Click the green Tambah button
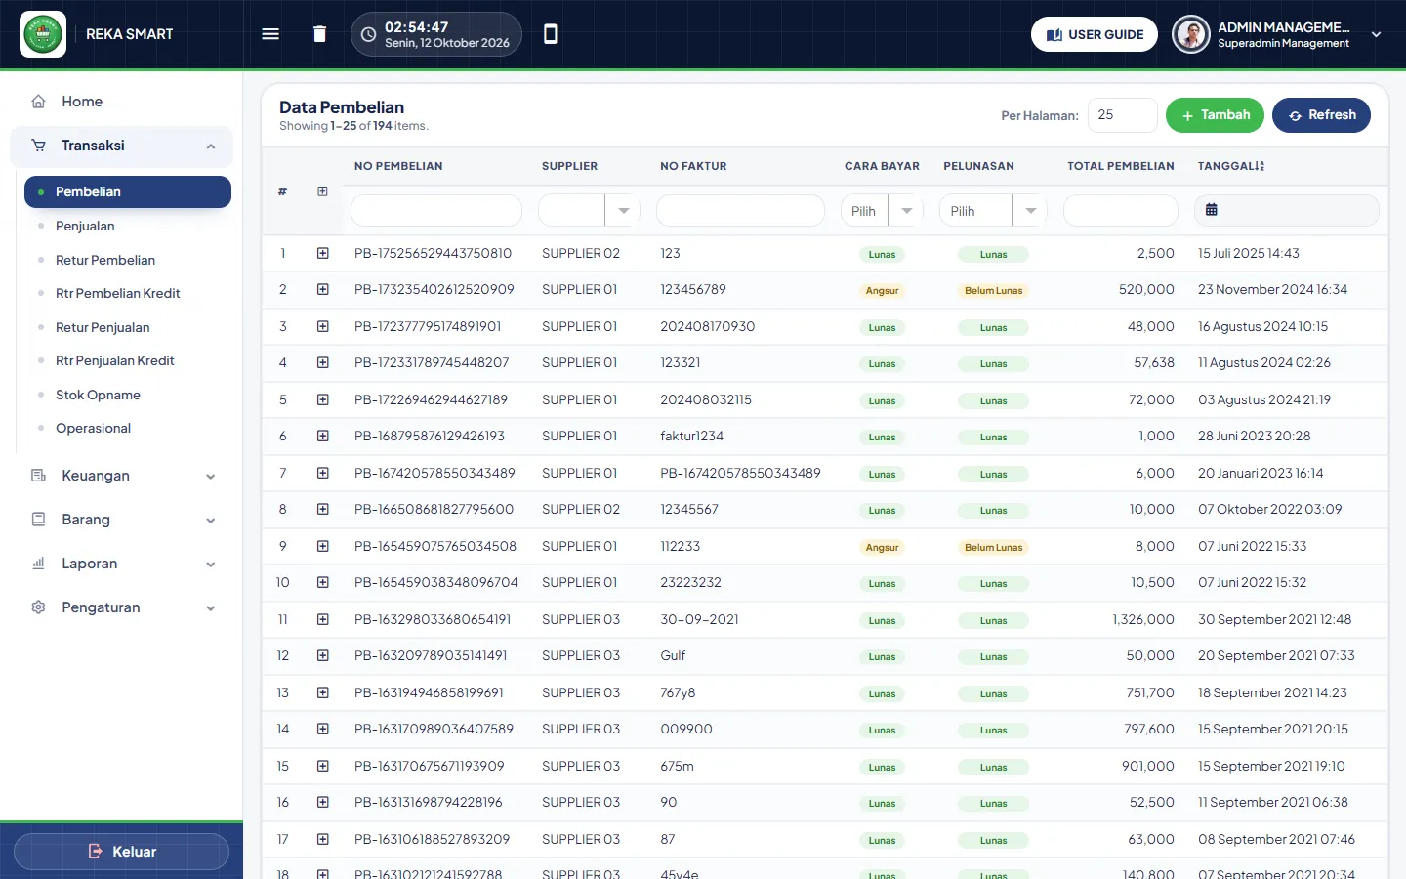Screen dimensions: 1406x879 (x=1215, y=115)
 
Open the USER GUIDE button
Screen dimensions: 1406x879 (x=1094, y=34)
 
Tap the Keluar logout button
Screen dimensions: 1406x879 (x=121, y=852)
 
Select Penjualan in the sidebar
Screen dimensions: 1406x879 (x=85, y=226)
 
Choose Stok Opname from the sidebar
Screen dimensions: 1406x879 (x=98, y=395)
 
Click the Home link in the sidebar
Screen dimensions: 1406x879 (x=82, y=102)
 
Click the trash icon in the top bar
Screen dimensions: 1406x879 (x=319, y=34)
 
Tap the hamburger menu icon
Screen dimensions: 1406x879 (x=270, y=34)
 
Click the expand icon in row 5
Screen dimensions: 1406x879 (x=322, y=399)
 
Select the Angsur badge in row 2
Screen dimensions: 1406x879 (x=882, y=291)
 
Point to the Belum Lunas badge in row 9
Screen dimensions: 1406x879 (x=993, y=548)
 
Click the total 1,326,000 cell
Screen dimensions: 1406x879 (x=1143, y=619)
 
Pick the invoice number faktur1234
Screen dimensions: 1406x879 (x=691, y=436)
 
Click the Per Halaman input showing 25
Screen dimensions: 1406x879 (x=1122, y=115)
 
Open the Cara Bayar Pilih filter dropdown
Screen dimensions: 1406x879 (x=882, y=210)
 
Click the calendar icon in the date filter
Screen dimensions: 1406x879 (x=1212, y=210)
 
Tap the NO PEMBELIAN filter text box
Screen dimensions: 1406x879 (x=436, y=210)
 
